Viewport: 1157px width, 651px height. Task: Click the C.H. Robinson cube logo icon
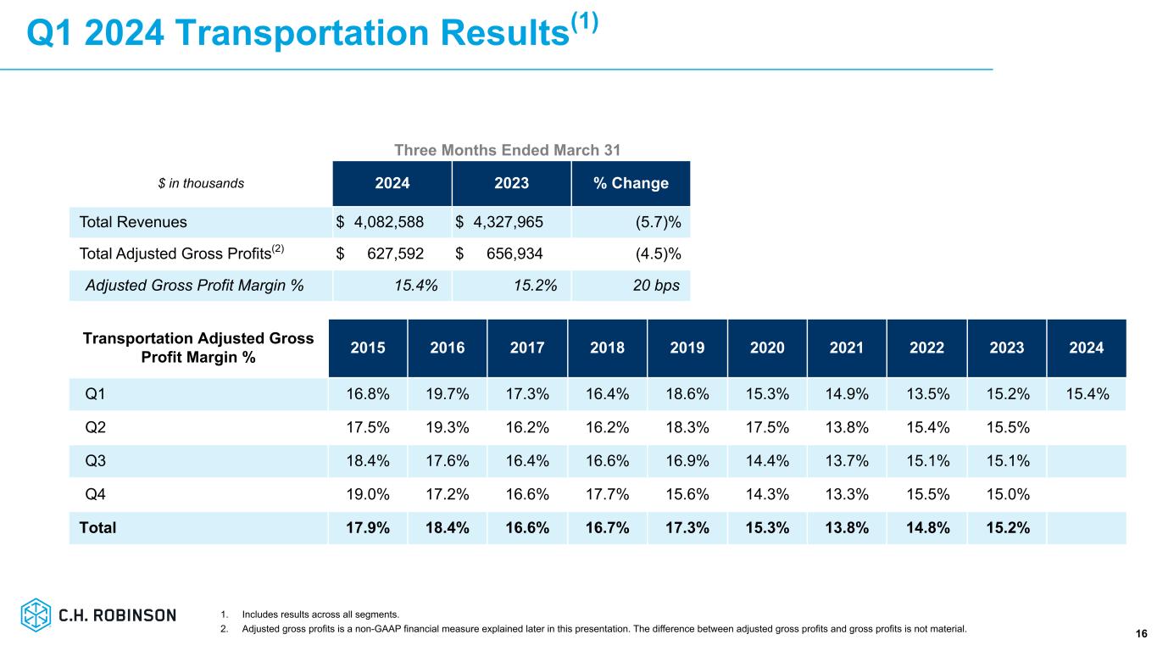coord(36,615)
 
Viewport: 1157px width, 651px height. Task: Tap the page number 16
coord(1141,634)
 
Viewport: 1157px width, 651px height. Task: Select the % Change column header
coord(631,184)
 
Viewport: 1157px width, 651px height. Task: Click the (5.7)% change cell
coord(658,222)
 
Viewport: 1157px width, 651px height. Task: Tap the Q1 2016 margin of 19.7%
coord(447,392)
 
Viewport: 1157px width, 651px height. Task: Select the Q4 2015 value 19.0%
coord(367,494)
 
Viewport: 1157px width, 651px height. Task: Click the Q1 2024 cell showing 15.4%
coord(1087,392)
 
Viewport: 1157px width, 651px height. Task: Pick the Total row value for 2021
coord(847,527)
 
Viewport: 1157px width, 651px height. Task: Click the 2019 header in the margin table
coord(687,348)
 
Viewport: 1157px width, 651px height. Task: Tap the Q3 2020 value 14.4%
coord(767,460)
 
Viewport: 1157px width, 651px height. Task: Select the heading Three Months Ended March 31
coord(508,150)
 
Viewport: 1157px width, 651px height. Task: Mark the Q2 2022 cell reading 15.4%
coord(926,426)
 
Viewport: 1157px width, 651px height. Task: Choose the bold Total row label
coord(97,527)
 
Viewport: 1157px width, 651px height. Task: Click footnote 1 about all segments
coord(320,615)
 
